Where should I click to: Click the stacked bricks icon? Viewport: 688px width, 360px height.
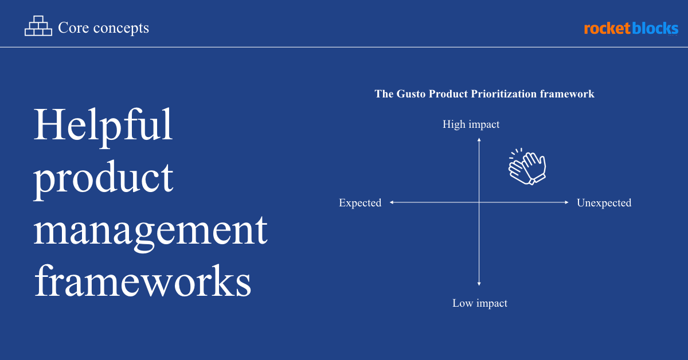38,26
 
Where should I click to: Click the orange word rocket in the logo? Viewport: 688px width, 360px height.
607,29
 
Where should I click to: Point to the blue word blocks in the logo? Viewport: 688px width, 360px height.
655,28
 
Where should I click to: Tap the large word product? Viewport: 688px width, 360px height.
103,179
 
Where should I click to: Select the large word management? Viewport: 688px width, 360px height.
150,233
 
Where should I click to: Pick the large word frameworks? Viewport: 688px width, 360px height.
143,281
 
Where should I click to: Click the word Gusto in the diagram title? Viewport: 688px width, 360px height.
411,93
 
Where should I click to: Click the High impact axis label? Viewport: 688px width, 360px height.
471,124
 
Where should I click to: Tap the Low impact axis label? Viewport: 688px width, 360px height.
480,303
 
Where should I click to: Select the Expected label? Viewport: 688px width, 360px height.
360,203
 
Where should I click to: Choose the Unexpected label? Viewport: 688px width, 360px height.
604,203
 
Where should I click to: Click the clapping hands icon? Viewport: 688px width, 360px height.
527,167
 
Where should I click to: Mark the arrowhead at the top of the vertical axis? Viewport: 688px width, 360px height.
479,140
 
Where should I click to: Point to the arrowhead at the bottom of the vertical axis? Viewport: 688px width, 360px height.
479,284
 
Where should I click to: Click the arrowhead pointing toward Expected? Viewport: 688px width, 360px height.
392,202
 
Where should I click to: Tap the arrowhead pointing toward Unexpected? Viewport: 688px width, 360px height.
566,202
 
